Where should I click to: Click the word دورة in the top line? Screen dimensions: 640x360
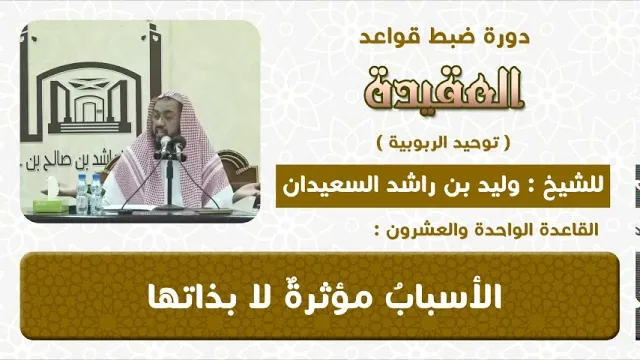click(509, 37)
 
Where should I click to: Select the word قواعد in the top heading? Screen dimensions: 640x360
click(393, 37)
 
